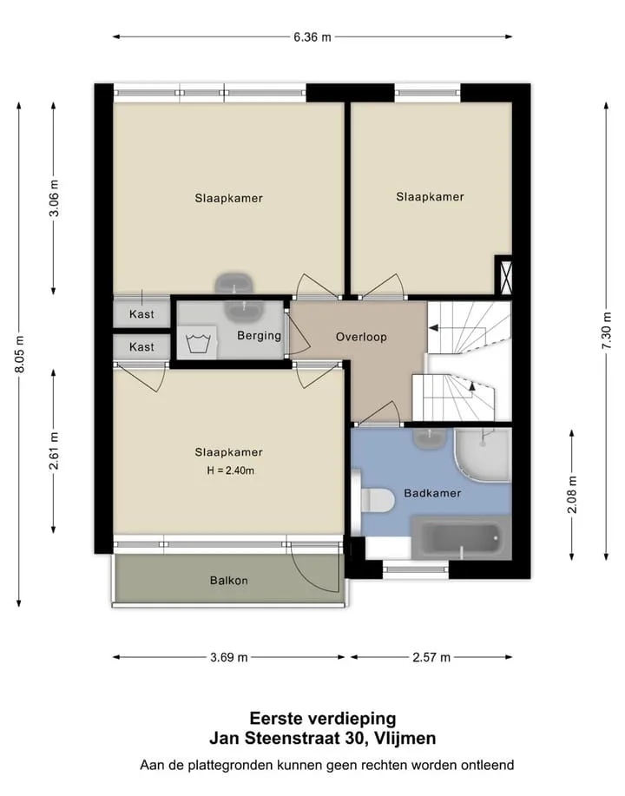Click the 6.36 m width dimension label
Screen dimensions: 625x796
coord(312,37)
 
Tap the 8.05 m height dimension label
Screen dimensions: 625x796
coord(20,354)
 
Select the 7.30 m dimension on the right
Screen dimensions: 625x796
coord(607,330)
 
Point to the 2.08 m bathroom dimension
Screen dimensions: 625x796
coord(572,495)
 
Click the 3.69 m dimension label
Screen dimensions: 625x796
coord(229,657)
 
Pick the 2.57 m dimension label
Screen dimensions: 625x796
coord(431,657)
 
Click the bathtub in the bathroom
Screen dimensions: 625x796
coord(460,537)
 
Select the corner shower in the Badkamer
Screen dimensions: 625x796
coord(483,454)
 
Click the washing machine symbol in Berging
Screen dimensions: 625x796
coord(198,343)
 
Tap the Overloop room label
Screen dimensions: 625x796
coord(361,337)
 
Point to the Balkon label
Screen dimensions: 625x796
coord(229,580)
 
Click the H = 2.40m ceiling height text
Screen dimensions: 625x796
coord(231,470)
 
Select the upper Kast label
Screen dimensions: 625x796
coord(141,314)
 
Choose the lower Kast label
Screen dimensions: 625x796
coord(141,346)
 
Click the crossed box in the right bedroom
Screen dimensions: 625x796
coord(503,274)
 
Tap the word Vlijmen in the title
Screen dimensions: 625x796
coord(405,738)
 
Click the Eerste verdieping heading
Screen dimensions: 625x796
coord(323,719)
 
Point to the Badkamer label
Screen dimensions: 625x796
coord(432,493)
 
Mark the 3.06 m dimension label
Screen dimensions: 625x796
coord(55,199)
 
